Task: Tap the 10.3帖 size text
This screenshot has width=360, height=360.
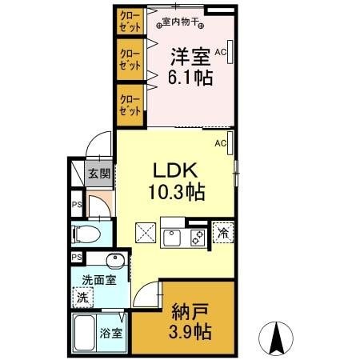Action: pos(176,192)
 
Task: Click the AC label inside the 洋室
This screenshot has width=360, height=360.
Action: pos(221,52)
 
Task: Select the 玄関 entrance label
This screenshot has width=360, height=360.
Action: pos(98,174)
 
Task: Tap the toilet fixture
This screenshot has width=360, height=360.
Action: pos(87,234)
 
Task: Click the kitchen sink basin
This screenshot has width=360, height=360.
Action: pos(173,237)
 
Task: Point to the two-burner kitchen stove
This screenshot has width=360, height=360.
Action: pos(194,237)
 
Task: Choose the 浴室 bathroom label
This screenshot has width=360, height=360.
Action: pos(111,332)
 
